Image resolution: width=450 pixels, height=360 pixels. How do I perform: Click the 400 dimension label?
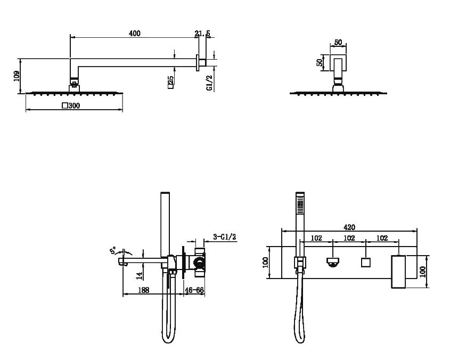[135, 34]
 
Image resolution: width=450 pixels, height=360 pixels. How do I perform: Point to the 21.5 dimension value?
[202, 34]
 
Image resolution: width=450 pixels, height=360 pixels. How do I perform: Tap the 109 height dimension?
[17, 76]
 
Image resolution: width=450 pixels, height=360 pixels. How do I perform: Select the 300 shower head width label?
[71, 105]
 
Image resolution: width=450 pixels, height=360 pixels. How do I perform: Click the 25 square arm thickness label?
[170, 82]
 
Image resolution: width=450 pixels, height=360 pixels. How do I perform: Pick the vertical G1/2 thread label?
[210, 83]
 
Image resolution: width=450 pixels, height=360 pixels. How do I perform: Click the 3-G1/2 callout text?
[224, 237]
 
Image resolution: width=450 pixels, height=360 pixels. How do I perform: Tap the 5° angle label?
[113, 250]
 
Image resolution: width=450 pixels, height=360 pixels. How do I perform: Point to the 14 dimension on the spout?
[140, 276]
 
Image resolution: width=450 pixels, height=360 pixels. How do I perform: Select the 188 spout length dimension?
[143, 290]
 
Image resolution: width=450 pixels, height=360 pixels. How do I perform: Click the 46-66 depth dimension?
[194, 290]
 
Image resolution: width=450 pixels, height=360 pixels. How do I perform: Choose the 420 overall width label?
[349, 227]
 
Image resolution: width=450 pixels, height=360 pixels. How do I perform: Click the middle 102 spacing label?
[349, 238]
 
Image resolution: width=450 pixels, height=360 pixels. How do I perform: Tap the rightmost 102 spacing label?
[382, 238]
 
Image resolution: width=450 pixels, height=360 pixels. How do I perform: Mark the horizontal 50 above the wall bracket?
[338, 42]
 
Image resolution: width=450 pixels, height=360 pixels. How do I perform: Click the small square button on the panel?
[366, 263]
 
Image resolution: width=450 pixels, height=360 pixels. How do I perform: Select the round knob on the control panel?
[333, 263]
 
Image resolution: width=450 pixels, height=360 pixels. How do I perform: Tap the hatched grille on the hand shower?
[300, 207]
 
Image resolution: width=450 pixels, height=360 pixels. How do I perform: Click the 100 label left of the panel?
[265, 263]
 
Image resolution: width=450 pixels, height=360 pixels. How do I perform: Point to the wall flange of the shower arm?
[198, 63]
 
